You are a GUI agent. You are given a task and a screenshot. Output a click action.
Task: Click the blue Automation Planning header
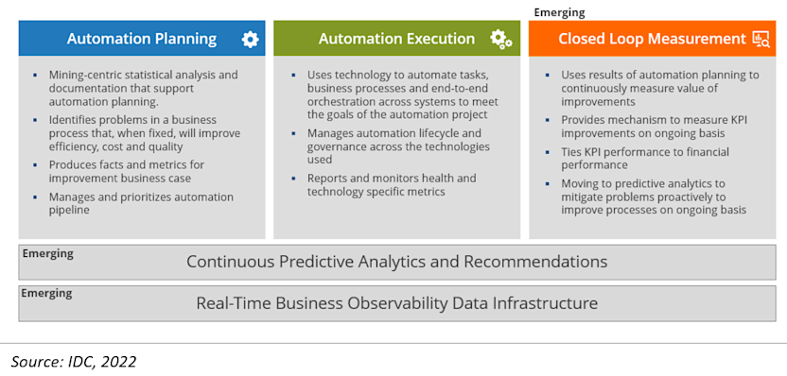click(x=141, y=39)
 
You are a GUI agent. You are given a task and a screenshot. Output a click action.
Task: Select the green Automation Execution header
click(x=396, y=39)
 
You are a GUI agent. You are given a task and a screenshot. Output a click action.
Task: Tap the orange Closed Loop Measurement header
click(x=652, y=39)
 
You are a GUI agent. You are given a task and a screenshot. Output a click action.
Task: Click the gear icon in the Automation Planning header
click(x=250, y=39)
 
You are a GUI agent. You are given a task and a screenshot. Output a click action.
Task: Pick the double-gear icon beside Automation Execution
click(x=500, y=39)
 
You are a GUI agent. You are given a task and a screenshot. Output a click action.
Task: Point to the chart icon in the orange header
click(x=761, y=39)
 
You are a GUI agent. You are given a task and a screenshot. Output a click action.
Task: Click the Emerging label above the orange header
click(x=560, y=12)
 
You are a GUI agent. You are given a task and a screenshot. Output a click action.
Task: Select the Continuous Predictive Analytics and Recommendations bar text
click(x=396, y=262)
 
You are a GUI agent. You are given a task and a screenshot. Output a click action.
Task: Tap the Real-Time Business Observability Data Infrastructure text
click(x=396, y=303)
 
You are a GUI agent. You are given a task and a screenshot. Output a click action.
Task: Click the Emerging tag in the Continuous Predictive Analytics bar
click(x=47, y=253)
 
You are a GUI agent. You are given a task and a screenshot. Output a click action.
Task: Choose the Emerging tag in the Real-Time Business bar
click(x=47, y=293)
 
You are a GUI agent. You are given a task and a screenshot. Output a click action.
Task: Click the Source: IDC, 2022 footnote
click(x=74, y=361)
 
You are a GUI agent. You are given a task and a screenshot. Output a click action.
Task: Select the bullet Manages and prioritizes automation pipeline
click(x=140, y=203)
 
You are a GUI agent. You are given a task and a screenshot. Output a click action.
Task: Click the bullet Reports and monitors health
click(x=391, y=184)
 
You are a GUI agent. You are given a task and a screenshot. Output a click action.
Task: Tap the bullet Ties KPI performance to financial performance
click(x=645, y=158)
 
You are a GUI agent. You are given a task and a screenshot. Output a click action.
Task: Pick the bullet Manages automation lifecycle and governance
click(x=397, y=145)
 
